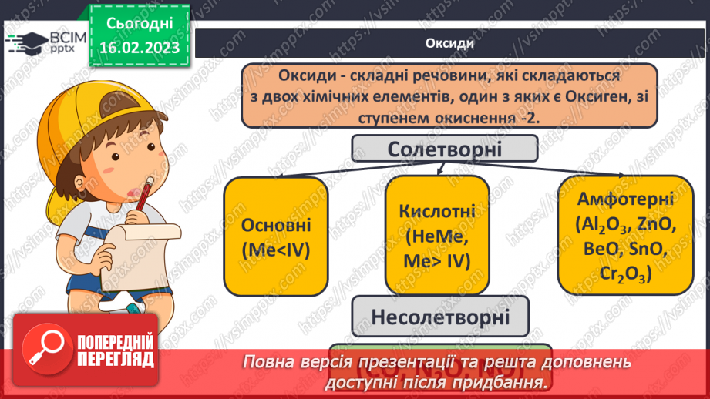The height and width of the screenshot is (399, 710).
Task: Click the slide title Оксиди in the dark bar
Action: (x=449, y=43)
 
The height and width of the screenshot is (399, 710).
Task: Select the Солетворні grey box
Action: (x=445, y=149)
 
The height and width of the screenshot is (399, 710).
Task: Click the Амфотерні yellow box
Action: (x=624, y=235)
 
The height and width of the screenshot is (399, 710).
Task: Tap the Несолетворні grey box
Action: (x=441, y=316)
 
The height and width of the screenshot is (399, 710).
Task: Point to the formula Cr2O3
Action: (x=624, y=273)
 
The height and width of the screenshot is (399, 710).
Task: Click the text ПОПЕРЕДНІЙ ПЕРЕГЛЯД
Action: (x=116, y=350)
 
